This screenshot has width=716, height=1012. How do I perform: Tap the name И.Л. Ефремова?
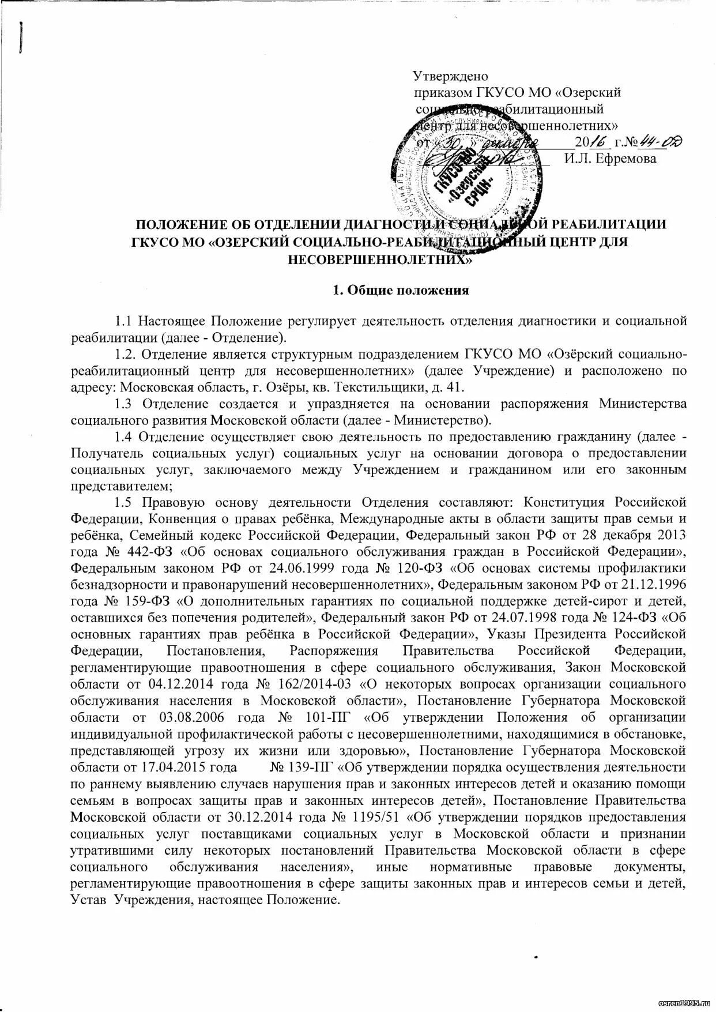(610, 159)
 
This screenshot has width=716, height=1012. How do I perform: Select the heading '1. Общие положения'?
(401, 290)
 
